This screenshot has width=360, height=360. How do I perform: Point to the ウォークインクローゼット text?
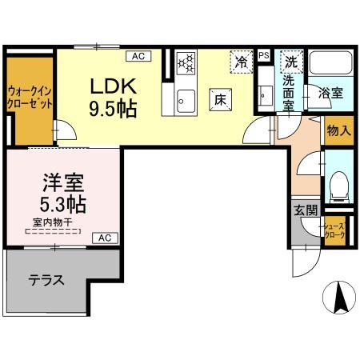pyautogui.click(x=30, y=97)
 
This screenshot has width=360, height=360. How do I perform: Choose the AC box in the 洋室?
pyautogui.click(x=106, y=238)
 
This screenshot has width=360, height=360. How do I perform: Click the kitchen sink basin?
pyautogui.click(x=186, y=100)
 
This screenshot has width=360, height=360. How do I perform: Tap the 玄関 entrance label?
pyautogui.click(x=305, y=210)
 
